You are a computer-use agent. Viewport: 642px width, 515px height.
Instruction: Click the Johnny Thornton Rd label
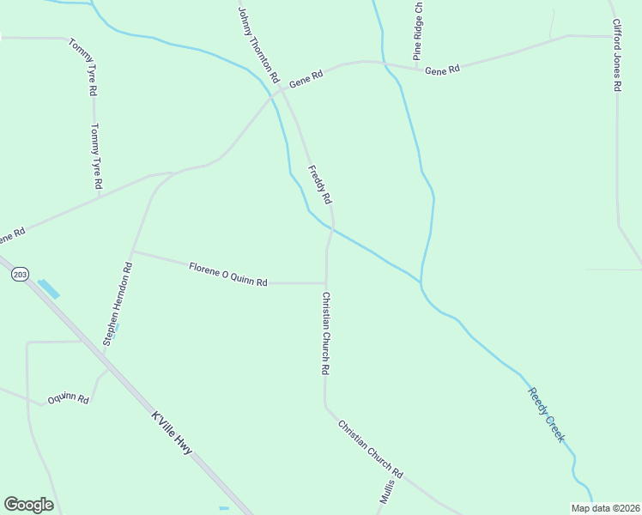pos(258,45)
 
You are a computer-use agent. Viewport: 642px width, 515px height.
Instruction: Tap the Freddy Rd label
pos(319,185)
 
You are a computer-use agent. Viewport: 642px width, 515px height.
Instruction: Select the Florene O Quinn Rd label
pos(228,275)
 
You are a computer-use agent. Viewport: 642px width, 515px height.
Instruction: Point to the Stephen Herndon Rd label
pos(118,304)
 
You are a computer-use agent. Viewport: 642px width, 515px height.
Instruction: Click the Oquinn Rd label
pos(69,398)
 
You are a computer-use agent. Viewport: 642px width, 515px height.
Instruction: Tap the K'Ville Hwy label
pos(172,434)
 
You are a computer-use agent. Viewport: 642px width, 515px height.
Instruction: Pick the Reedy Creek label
pos(547,415)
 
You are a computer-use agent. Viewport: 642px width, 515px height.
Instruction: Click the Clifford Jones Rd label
pos(615,56)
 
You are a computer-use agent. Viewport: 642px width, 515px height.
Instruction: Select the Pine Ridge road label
pos(418,30)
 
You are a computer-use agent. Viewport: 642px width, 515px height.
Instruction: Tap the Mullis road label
pos(386,492)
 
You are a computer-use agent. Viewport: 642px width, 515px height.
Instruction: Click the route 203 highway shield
pos(21,275)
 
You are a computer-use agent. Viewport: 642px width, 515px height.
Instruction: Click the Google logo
pos(28,505)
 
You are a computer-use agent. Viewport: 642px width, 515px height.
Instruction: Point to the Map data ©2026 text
pos(605,508)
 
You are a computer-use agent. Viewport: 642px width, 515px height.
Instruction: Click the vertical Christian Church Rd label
pos(325,333)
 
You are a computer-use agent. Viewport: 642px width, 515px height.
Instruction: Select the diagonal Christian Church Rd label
pos(370,449)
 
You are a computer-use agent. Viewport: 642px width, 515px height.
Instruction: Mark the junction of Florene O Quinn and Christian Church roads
pos(325,282)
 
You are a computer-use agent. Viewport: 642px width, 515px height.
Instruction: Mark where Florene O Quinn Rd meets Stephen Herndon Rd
pos(132,251)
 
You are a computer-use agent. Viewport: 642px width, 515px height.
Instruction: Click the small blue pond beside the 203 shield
pos(49,288)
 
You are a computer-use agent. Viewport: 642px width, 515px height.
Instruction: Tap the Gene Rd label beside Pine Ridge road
pos(443,70)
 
